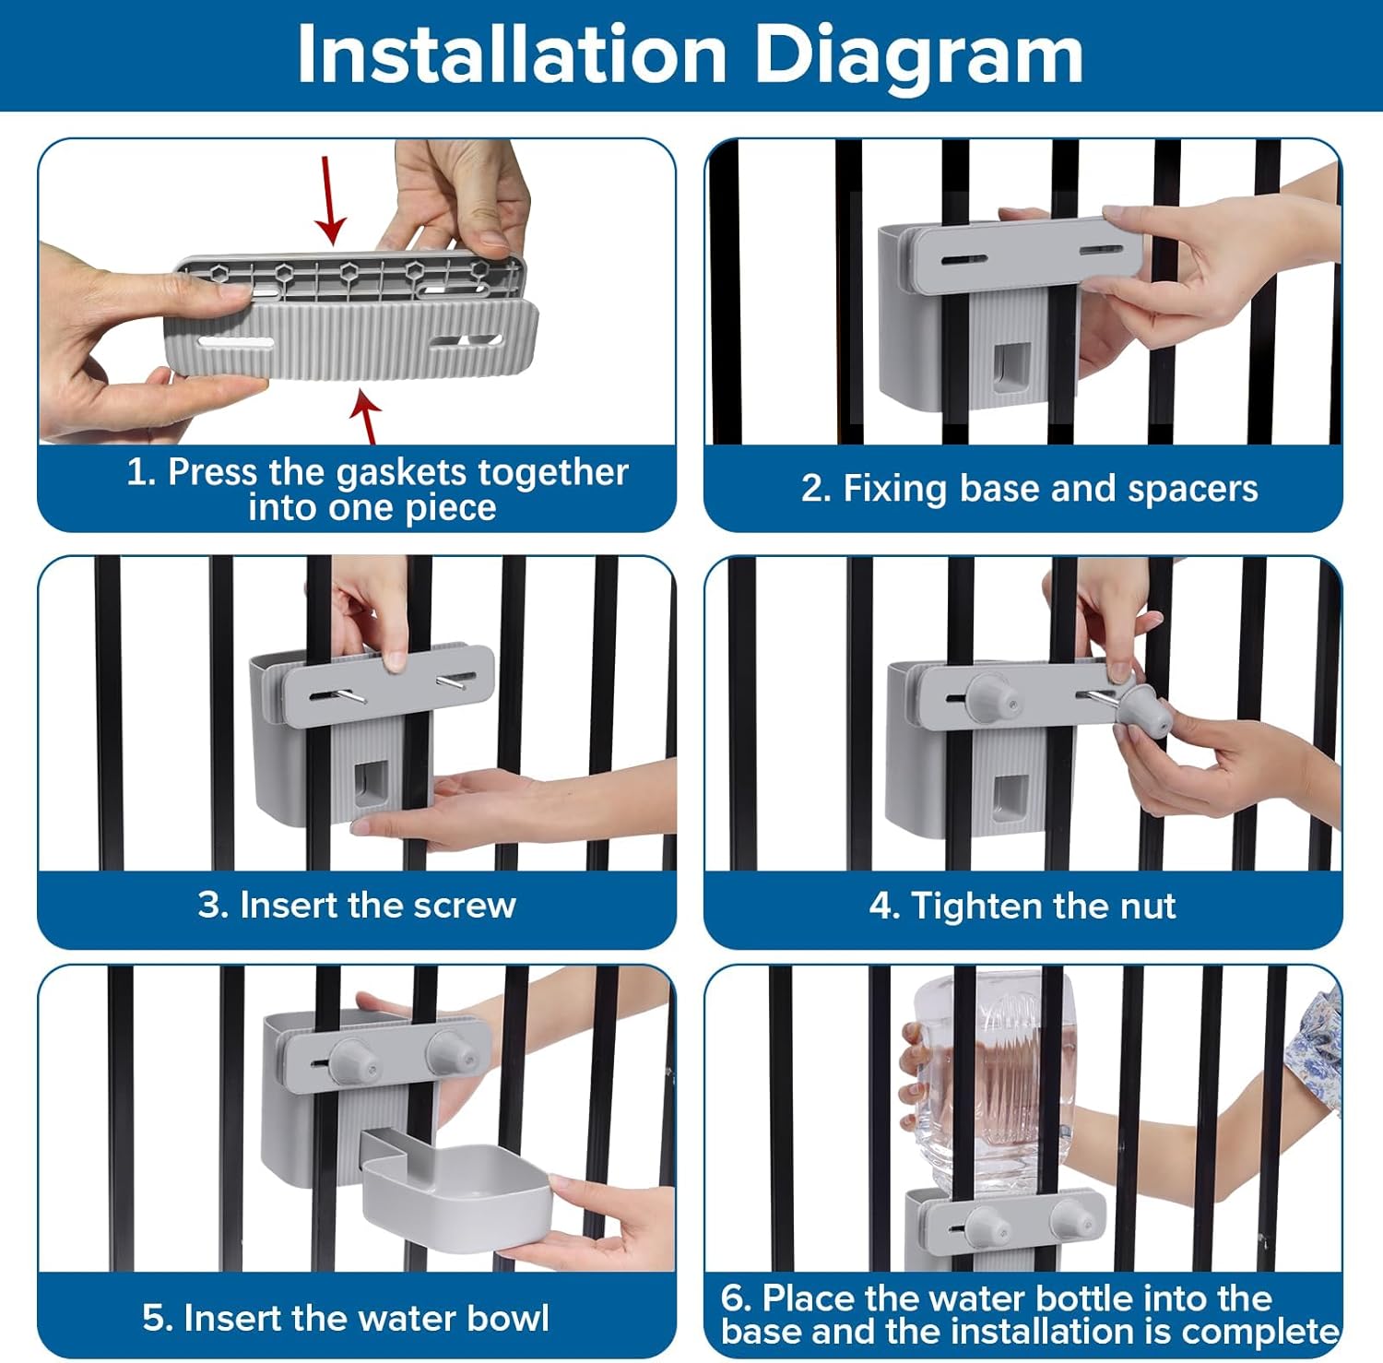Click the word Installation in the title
click(513, 55)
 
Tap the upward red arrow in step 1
click(368, 419)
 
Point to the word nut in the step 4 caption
click(1148, 907)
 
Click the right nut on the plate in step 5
click(450, 1057)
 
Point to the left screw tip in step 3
click(363, 699)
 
